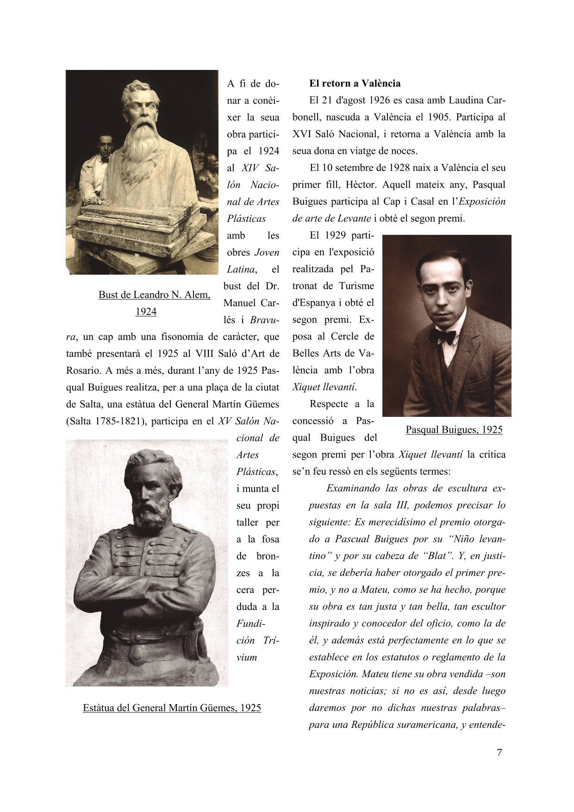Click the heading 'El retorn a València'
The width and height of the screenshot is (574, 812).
[355, 83]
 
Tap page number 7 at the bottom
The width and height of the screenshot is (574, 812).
[499, 752]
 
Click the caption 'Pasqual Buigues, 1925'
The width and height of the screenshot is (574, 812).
[454, 429]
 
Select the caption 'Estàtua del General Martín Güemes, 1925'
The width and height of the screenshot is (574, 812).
[172, 707]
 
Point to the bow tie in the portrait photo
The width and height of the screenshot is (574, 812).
[442, 336]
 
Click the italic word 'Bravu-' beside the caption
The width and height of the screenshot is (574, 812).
[264, 320]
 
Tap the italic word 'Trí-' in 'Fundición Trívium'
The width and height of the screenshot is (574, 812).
[271, 640]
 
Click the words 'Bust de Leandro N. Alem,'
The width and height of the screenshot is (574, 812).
[154, 295]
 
